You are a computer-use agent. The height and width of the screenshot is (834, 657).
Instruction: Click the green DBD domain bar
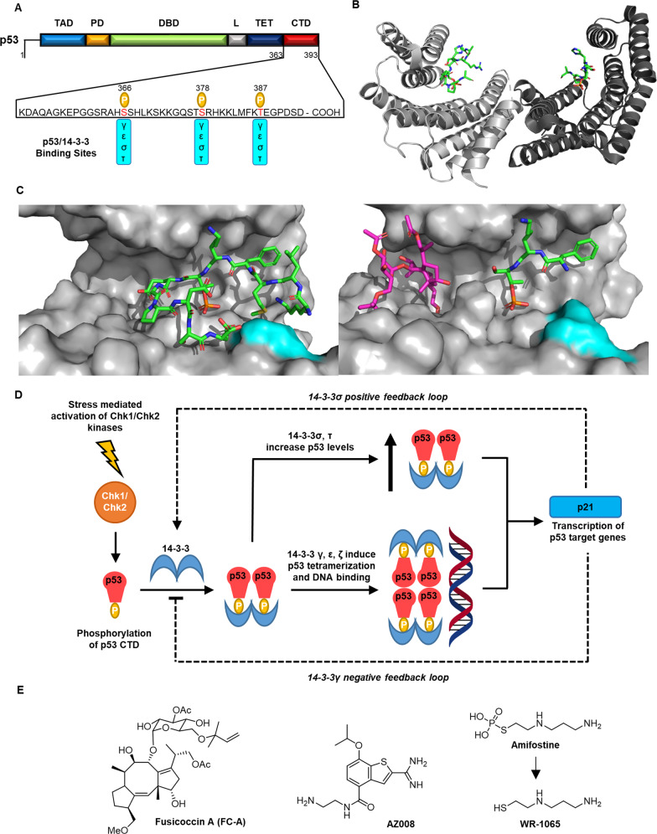click(x=168, y=40)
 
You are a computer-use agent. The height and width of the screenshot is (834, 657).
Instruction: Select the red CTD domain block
click(x=302, y=40)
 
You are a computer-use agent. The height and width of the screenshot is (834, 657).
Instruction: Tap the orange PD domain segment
click(x=97, y=40)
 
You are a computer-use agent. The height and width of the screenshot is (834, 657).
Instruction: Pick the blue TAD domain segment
click(x=61, y=40)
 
